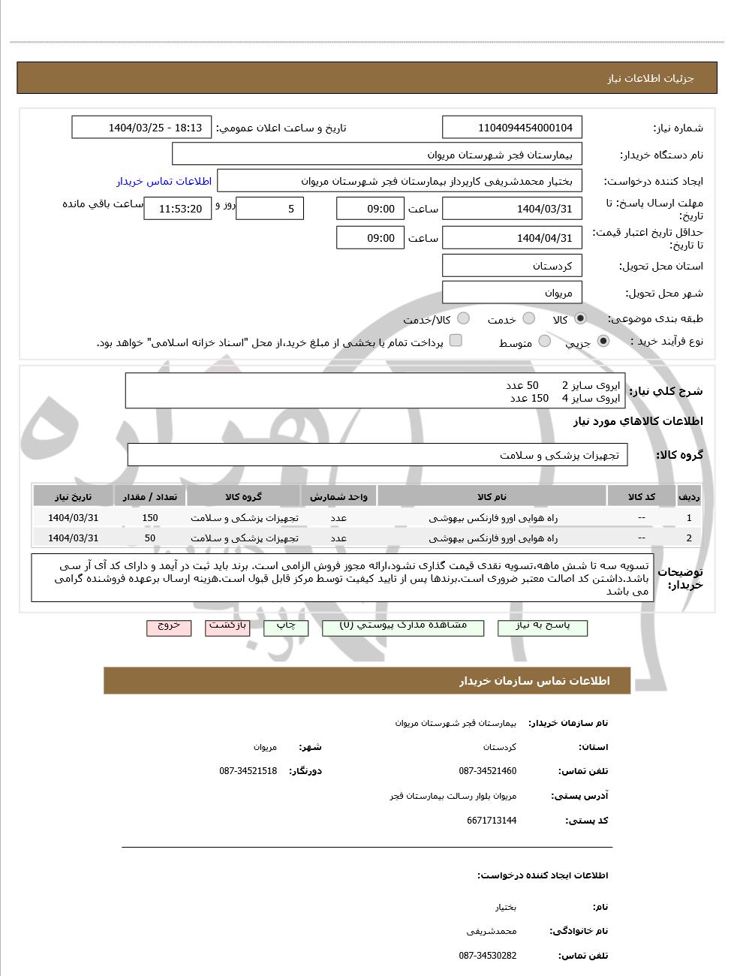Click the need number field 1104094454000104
click(x=512, y=128)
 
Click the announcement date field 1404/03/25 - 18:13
click(x=142, y=128)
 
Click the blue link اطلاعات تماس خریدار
click(x=164, y=181)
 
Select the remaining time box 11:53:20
click(x=178, y=209)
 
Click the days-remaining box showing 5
click(x=269, y=209)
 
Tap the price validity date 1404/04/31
click(x=512, y=238)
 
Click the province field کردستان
click(x=512, y=266)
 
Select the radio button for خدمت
click(x=529, y=318)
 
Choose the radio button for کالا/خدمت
click(x=463, y=318)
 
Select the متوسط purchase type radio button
click(x=545, y=342)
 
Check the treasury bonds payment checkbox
click(x=456, y=341)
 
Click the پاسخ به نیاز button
click(x=542, y=627)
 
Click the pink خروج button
click(x=169, y=627)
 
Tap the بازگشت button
click(x=227, y=627)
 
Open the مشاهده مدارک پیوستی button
click(x=403, y=627)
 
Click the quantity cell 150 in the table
click(x=150, y=518)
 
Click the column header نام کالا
click(x=492, y=497)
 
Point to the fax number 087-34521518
click(x=248, y=771)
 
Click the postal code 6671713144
click(x=491, y=821)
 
